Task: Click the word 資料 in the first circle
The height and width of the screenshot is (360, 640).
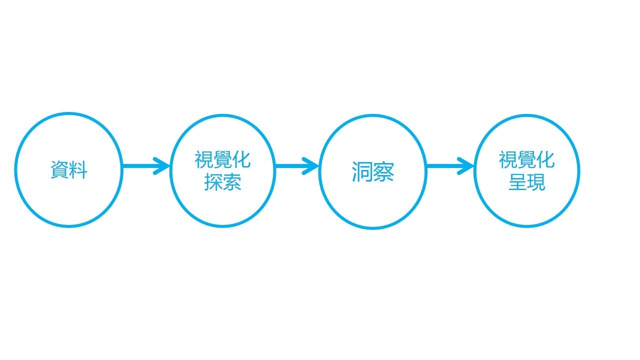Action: pos(69,170)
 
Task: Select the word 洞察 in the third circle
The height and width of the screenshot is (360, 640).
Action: pos(372,171)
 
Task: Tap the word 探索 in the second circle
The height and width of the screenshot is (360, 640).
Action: pos(222,182)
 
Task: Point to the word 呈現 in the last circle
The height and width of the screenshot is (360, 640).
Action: pos(526,182)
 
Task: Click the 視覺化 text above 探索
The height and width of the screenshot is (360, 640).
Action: pos(222,160)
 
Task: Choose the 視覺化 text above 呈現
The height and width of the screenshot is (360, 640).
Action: pos(526,160)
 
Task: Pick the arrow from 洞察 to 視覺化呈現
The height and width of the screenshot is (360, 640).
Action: pos(450,166)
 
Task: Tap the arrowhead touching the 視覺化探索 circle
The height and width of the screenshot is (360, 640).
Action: pos(163,166)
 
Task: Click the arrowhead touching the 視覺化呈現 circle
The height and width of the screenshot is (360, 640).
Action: pos(466,166)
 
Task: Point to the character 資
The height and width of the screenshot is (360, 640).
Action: pos(59,170)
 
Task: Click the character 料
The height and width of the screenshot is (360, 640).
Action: pos(78,170)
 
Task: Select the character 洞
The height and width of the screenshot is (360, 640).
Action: pos(362,171)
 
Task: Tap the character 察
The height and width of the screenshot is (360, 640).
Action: pos(383,171)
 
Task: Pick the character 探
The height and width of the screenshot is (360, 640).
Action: pos(213,182)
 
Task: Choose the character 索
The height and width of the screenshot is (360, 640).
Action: pos(232,182)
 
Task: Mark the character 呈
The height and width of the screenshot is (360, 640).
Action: pos(517,182)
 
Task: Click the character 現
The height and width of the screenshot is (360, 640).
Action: pos(536,182)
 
